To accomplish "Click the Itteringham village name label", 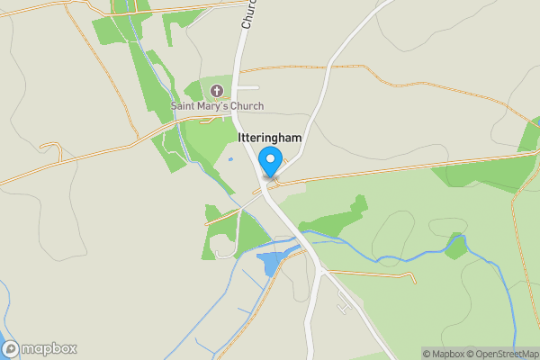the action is coord(269,137).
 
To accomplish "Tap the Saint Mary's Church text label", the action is coord(218,107).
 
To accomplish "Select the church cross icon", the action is coord(217,91).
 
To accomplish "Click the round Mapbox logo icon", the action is coord(12,348).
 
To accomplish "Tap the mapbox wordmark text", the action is coord(49,348).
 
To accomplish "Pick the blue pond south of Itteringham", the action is coord(270,264).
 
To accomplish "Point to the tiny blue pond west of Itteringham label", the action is coord(230,159).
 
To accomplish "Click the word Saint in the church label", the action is coord(186,107).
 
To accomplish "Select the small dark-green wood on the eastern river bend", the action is coord(457,245).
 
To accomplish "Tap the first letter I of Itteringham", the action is coord(240,137).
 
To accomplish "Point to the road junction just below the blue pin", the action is coord(267,184).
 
